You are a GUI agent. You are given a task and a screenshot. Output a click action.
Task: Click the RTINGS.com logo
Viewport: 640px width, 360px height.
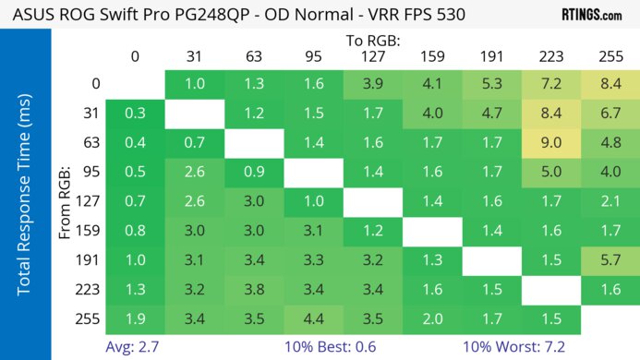coord(591,15)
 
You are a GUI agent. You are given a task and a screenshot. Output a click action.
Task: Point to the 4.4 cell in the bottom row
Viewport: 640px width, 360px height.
coord(312,320)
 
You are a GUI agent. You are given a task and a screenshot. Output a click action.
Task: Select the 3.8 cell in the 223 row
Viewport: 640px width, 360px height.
coord(253,291)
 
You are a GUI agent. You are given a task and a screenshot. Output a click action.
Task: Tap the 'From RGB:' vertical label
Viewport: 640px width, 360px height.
coord(66,202)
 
